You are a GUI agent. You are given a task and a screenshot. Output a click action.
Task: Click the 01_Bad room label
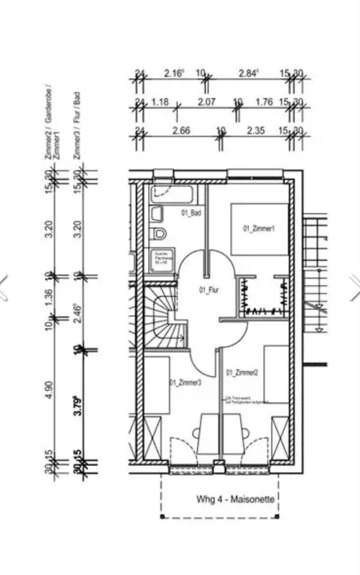(x=191, y=213)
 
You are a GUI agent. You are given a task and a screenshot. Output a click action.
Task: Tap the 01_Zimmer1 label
(x=258, y=229)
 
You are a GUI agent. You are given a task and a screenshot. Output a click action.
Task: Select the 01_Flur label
(x=208, y=290)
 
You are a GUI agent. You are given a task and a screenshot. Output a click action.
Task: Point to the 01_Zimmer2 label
(x=242, y=372)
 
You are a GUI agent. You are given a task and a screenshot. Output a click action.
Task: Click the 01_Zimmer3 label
(x=185, y=383)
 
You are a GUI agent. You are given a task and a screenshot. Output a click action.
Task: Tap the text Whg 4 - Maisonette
(x=235, y=500)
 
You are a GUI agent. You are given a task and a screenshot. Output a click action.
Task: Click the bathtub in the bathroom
(x=172, y=195)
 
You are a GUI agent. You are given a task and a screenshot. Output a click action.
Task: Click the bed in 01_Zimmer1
(x=259, y=229)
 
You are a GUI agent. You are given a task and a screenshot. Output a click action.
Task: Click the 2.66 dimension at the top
(x=181, y=130)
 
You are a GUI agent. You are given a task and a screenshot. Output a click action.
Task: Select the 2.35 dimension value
(x=256, y=130)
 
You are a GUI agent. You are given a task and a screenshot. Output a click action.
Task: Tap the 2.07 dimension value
(x=206, y=102)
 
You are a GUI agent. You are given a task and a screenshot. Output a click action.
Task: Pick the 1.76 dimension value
(x=264, y=102)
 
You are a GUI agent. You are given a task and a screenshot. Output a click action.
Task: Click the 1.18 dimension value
(x=160, y=102)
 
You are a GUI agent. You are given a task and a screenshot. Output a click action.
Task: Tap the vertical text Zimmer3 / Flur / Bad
(x=77, y=125)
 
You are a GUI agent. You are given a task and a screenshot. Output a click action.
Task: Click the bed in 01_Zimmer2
(x=276, y=373)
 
